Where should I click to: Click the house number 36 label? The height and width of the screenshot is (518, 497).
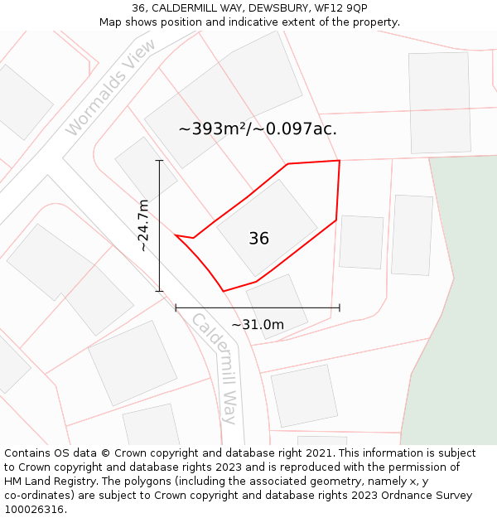pyautogui.click(x=258, y=239)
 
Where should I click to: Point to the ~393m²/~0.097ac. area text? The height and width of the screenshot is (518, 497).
pyautogui.click(x=258, y=129)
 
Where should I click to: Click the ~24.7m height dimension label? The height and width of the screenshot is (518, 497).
pyautogui.click(x=144, y=225)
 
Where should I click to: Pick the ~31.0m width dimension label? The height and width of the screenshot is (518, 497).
pyautogui.click(x=258, y=325)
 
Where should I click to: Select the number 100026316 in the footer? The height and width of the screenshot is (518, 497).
pyautogui.click(x=34, y=509)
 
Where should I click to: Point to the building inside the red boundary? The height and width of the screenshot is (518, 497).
pyautogui.click(x=267, y=227)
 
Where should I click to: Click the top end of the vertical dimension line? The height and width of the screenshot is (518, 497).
pyautogui.click(x=159, y=161)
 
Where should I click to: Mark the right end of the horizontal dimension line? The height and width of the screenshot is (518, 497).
pyautogui.click(x=340, y=307)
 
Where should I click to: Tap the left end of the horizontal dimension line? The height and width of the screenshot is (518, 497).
pyautogui.click(x=176, y=307)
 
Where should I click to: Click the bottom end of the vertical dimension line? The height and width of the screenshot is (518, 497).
pyautogui.click(x=159, y=291)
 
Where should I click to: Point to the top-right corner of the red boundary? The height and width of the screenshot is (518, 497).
pyautogui.click(x=339, y=161)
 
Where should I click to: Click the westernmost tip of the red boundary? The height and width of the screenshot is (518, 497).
pyautogui.click(x=176, y=235)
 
